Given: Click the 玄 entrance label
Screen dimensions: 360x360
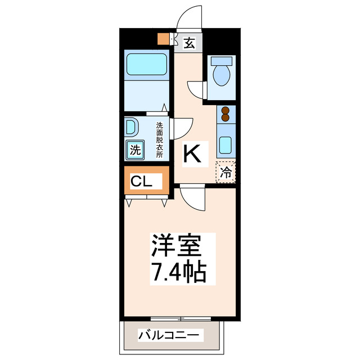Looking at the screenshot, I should (190, 43).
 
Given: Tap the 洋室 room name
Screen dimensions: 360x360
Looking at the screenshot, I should (174, 246).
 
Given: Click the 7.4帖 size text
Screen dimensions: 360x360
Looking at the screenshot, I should (177, 273).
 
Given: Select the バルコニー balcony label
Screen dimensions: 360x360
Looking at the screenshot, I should (168, 336).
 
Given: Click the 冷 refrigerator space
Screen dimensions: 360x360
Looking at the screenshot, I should (226, 172).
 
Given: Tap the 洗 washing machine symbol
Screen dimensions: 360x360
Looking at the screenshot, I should (135, 150).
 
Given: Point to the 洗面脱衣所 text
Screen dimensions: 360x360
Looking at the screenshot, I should (160, 139).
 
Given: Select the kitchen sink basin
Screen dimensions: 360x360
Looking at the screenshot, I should (225, 145).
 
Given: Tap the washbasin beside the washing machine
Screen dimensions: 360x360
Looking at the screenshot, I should (130, 127).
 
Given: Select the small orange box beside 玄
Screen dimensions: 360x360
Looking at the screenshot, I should (164, 39).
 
